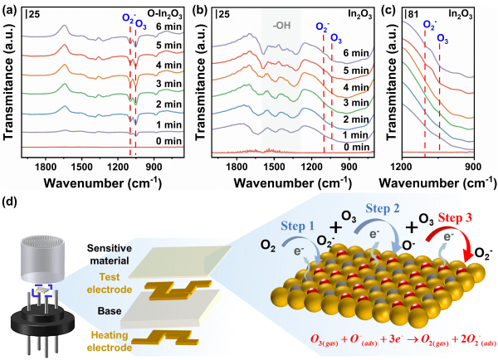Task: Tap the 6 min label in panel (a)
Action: [168, 27]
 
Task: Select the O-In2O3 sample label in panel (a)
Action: [164, 13]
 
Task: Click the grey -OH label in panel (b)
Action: [281, 26]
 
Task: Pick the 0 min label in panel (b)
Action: [356, 147]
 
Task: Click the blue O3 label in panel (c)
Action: [442, 38]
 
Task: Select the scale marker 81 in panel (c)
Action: [411, 15]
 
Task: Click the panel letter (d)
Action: [9, 202]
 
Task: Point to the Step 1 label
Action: [297, 226]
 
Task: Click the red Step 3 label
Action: [455, 218]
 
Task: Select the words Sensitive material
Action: [110, 255]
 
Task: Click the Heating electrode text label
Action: [110, 341]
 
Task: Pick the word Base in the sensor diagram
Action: [110, 311]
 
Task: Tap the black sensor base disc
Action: [42, 320]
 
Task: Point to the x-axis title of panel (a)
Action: [103, 183]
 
